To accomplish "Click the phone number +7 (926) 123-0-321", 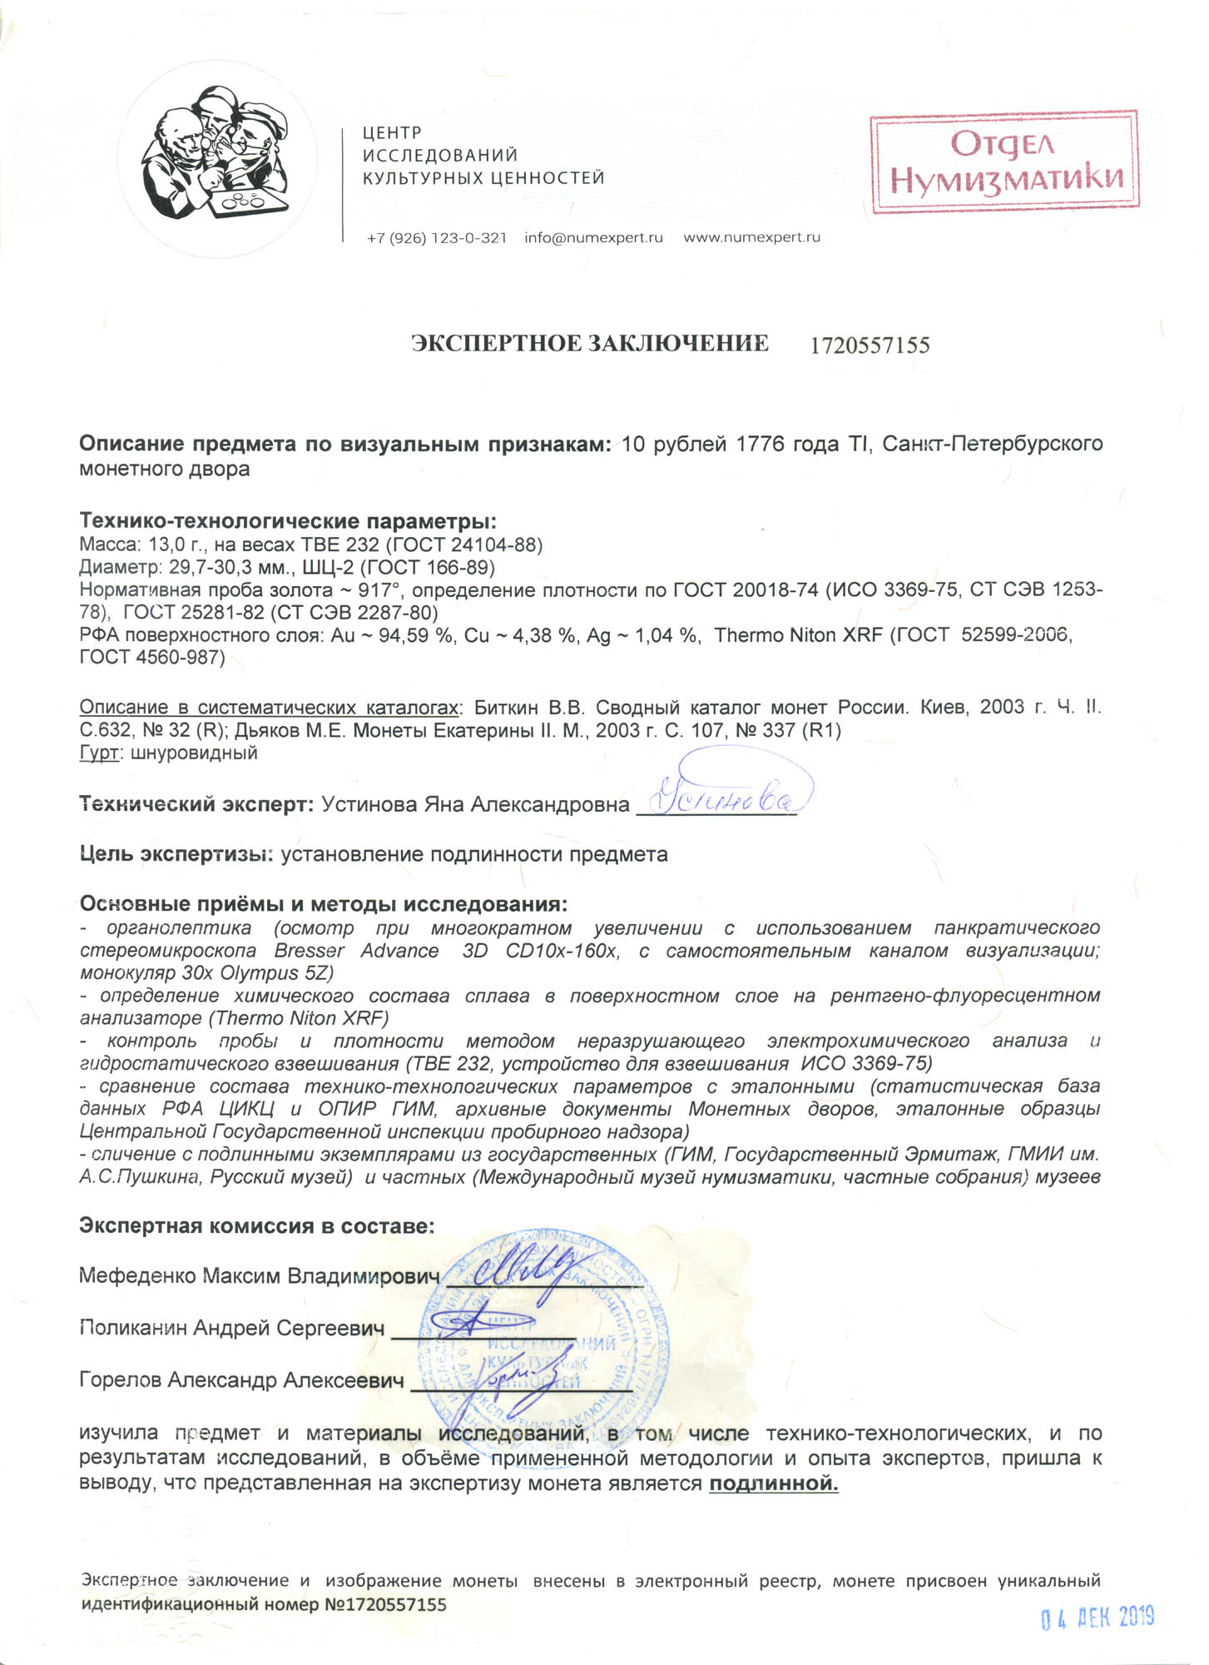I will pos(436,237).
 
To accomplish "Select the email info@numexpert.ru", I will pos(593,237).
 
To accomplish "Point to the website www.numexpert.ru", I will pos(751,237).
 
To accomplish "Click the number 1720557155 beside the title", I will pos(870,345).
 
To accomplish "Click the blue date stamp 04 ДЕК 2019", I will pos(1098,1618).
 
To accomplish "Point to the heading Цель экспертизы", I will pos(176,855).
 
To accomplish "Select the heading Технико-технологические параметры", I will pos(287,522).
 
